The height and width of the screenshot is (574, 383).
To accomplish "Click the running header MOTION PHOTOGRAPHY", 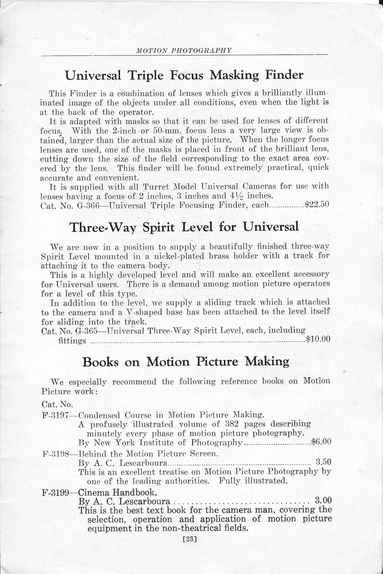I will pos(184,50).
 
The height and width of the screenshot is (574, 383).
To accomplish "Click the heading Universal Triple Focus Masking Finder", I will pos(184,75).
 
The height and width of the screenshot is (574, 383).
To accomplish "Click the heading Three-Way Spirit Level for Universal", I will pos(184,227).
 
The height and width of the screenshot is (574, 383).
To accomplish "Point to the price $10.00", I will pos(318,339).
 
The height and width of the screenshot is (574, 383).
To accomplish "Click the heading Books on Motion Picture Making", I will pos(186,362).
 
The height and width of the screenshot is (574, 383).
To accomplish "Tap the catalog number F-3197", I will pos(55,416).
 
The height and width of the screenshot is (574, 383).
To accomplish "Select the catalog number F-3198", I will pos(55,454).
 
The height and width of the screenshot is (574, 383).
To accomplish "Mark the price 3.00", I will pos(323,500).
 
